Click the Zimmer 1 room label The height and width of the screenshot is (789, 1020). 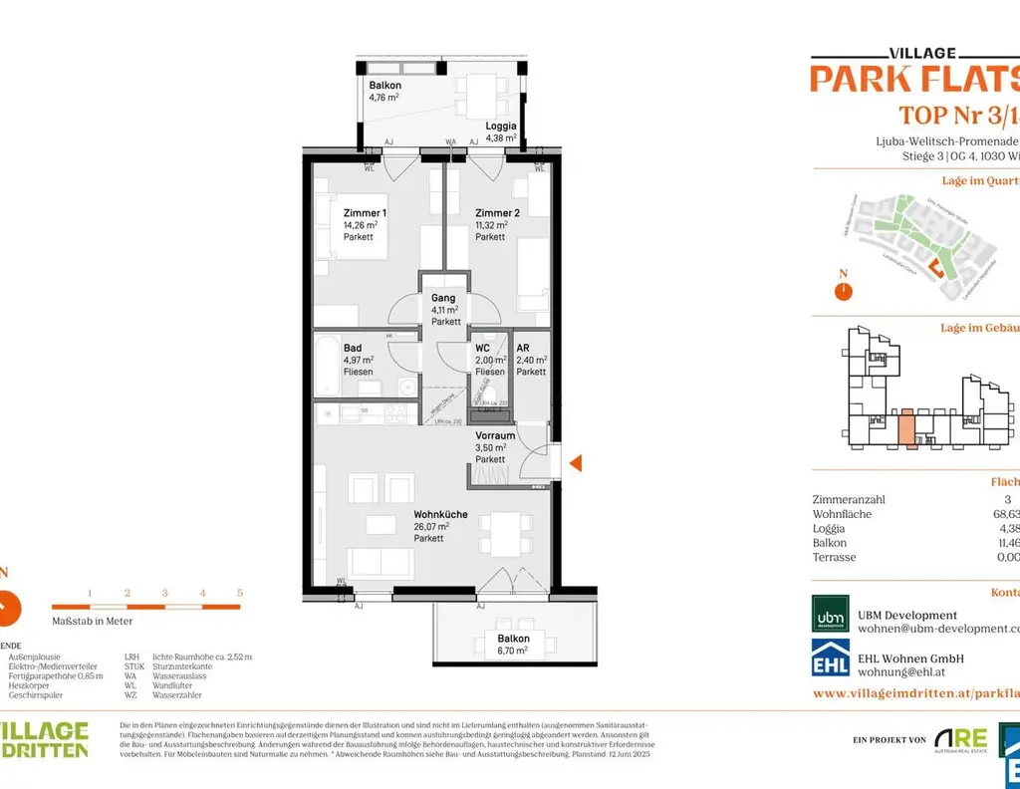(365, 213)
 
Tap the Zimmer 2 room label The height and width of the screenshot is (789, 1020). (497, 213)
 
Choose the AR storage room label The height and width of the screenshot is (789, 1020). (523, 348)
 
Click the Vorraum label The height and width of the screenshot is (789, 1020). (495, 435)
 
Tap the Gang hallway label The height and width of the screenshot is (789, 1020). (443, 298)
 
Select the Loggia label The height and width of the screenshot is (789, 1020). (500, 127)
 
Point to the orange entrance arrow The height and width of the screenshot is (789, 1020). (575, 461)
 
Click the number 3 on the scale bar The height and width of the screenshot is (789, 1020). (164, 593)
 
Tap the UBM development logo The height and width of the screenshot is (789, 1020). (831, 614)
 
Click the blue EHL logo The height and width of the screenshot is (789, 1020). (831, 658)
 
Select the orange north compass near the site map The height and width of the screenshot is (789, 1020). (843, 291)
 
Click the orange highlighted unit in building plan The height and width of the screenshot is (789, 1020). (906, 428)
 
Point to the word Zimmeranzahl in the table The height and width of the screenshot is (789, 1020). (849, 500)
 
